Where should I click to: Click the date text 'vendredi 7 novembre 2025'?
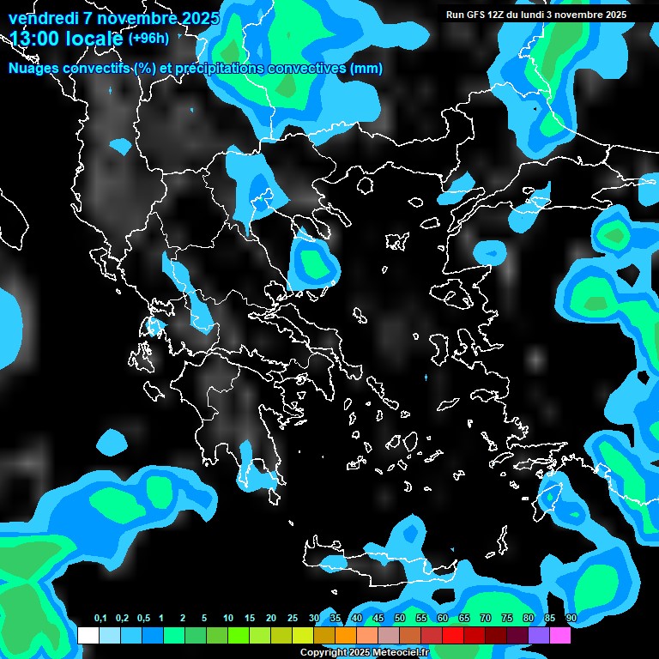point(114,18)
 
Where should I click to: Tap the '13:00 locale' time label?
point(65,39)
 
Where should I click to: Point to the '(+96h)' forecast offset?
point(148,39)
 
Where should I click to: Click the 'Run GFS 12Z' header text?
point(483,15)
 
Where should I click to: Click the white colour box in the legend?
point(88,635)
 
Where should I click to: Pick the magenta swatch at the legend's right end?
point(560,635)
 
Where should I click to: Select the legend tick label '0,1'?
point(100,619)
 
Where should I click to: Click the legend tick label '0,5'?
point(142,619)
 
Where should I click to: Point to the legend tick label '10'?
point(227,619)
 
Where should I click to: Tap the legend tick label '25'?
point(292,619)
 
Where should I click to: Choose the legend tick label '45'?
point(378,619)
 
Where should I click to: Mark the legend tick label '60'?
point(443,619)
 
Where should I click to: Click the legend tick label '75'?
point(507,619)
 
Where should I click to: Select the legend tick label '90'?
point(571,619)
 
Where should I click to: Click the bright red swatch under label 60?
point(453,635)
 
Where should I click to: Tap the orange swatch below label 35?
point(346,635)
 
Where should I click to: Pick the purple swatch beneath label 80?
point(539,635)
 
